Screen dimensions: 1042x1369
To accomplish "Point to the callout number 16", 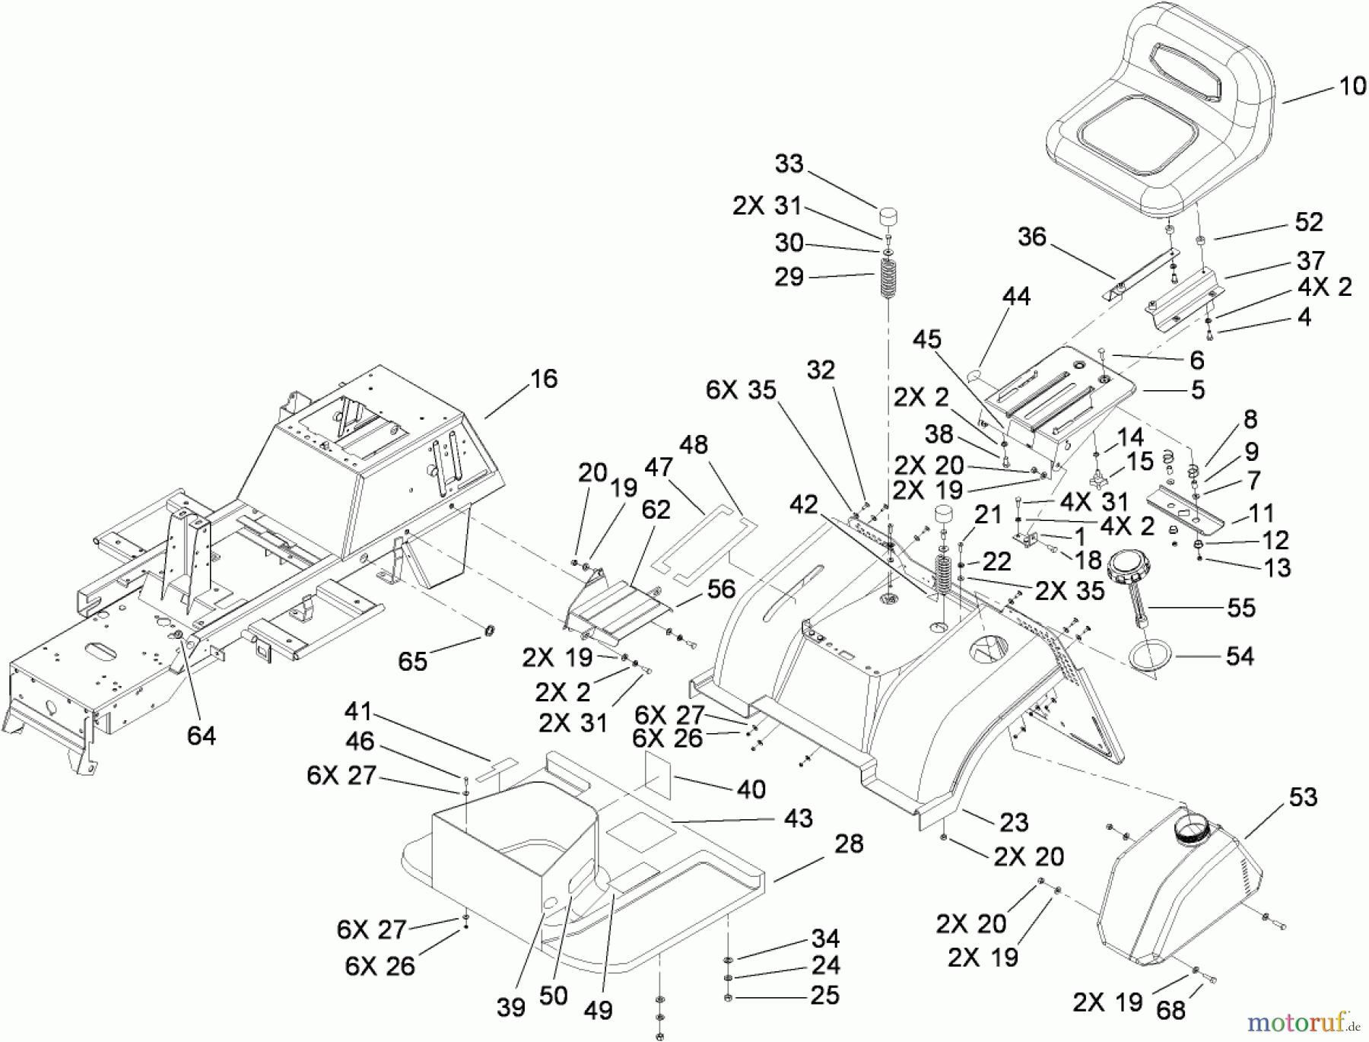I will pos(543,379).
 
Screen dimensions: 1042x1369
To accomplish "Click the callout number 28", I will pos(849,843).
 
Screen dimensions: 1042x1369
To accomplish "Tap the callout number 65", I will pos(413,661).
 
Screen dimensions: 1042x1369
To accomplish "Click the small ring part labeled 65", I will pos(489,631).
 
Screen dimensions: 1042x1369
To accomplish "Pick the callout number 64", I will pos(201,735).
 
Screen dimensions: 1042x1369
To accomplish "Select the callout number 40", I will pos(751,789).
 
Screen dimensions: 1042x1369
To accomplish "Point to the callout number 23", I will pos(1014,822).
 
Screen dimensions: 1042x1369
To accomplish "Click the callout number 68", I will pos(1170,1010).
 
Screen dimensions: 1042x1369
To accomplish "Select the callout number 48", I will pos(694,445).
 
